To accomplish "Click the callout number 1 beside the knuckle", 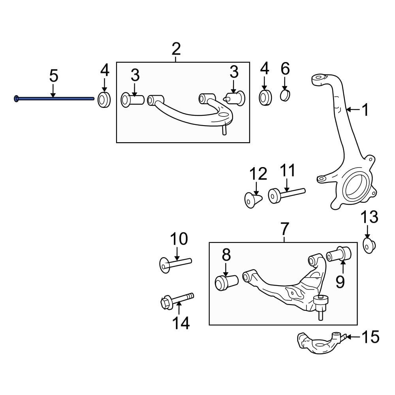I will [x=365, y=110].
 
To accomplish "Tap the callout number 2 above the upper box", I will [x=176, y=49].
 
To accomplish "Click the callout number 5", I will [x=53, y=75].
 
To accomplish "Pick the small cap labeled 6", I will [x=285, y=96].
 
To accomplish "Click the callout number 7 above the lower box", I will [x=284, y=229].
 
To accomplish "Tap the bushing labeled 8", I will [x=226, y=282].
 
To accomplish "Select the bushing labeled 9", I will [x=339, y=253].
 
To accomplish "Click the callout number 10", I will [x=179, y=239].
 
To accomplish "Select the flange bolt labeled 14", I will [x=177, y=302].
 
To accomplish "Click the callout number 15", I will [x=370, y=337].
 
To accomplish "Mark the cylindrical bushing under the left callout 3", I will [x=133, y=100].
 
